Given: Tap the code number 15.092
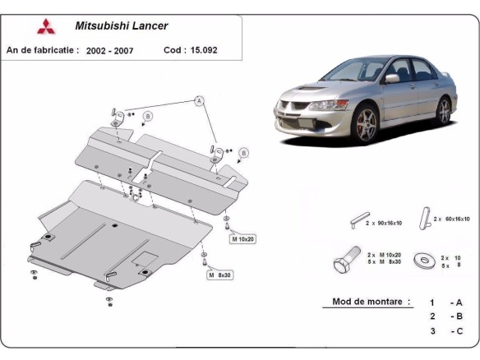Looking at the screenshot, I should pos(205,50).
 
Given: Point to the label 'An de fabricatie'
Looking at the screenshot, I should pos(42,50).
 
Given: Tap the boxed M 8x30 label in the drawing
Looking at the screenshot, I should pos(219,275).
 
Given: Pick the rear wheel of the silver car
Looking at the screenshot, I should pos(445,109).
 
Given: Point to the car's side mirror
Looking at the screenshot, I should pos(392,79).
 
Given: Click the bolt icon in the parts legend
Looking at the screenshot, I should pos(344,261).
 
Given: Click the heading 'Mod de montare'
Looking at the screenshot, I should pos(371,302).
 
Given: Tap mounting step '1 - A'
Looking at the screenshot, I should pos(446,302).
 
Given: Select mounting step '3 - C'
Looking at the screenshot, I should pos(446,331).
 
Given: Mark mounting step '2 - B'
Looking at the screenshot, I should pos(446,316).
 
